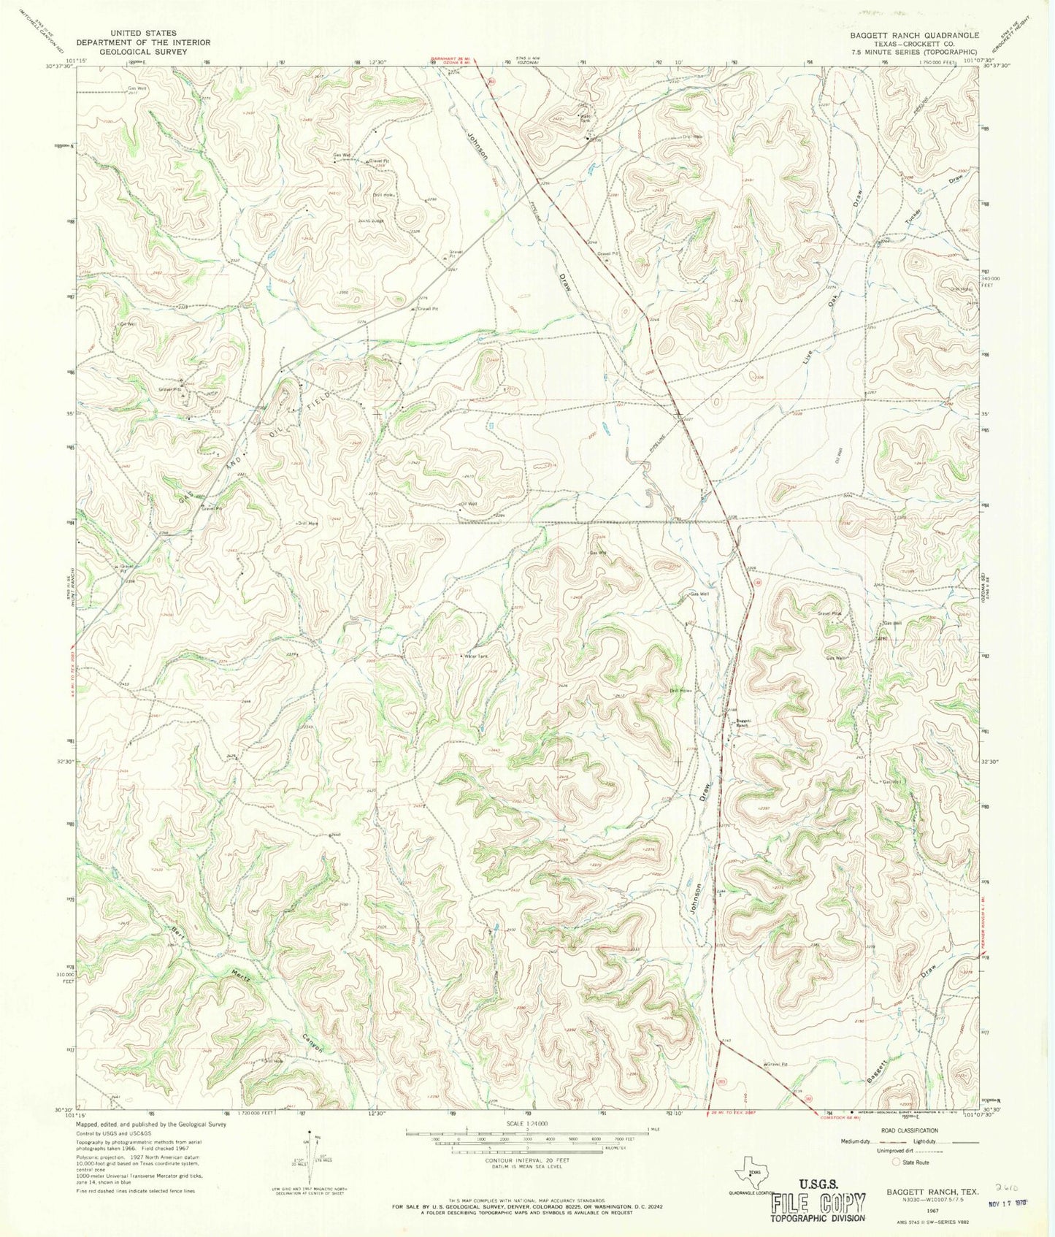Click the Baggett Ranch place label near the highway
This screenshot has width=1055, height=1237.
click(743, 723)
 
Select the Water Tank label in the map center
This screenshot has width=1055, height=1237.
click(475, 656)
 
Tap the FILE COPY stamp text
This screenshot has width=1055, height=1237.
click(817, 1203)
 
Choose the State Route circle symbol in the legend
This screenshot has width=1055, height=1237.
click(897, 1162)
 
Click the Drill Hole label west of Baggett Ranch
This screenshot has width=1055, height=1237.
click(680, 690)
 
